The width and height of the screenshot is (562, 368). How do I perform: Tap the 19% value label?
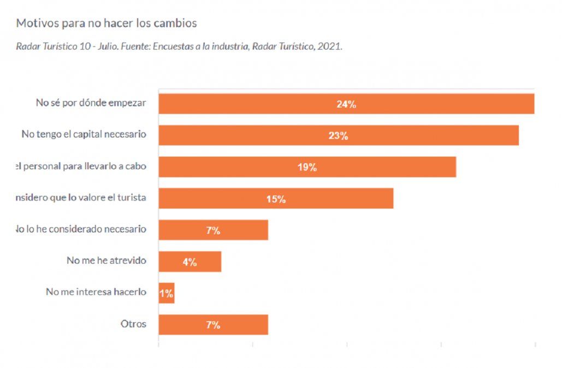[x=307, y=167]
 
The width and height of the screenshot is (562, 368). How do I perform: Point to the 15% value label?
[x=276, y=199]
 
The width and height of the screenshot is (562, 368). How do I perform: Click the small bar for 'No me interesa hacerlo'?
[x=167, y=293]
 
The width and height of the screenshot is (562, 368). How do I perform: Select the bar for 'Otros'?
[x=240, y=325]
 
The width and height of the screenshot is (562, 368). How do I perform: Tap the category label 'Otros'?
[x=133, y=324]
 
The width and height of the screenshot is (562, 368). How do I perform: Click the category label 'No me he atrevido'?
[x=107, y=260]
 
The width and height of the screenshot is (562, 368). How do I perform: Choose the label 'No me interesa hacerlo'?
[x=96, y=292]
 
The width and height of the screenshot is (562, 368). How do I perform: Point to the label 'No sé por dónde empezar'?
[x=91, y=103]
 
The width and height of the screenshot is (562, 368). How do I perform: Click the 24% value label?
[x=346, y=104]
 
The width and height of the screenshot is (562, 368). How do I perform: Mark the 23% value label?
[x=338, y=135]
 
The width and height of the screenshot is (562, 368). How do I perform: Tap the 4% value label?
[x=190, y=262]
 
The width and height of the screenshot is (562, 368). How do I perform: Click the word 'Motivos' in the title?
[x=34, y=23]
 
